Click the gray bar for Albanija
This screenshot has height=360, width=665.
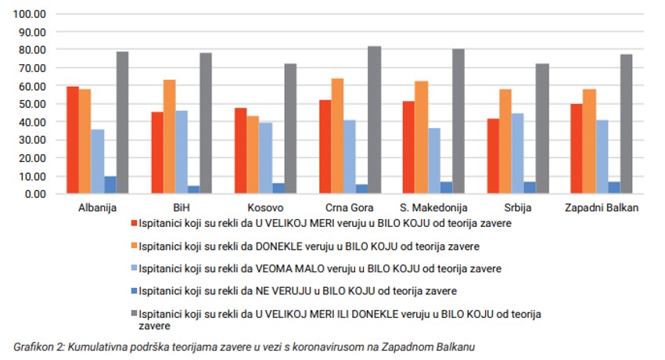pos(123,123)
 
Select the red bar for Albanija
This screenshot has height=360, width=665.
pos(73,140)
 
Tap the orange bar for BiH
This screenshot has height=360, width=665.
pos(169,137)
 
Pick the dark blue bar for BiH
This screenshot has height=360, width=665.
pos(193,189)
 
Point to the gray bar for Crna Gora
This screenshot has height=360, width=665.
pos(375,120)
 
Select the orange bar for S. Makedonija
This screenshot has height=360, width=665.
pos(422,137)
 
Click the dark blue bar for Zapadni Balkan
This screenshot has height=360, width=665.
pos(614,188)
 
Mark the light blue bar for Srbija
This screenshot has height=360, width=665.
pos(518,153)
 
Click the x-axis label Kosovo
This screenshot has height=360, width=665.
pos(266,207)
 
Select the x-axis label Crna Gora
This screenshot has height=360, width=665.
pos(350,207)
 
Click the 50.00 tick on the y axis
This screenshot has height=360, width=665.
pos(34,104)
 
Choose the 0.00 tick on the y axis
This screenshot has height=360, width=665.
pos(37,193)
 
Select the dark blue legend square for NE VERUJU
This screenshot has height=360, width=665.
pos(135,290)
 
